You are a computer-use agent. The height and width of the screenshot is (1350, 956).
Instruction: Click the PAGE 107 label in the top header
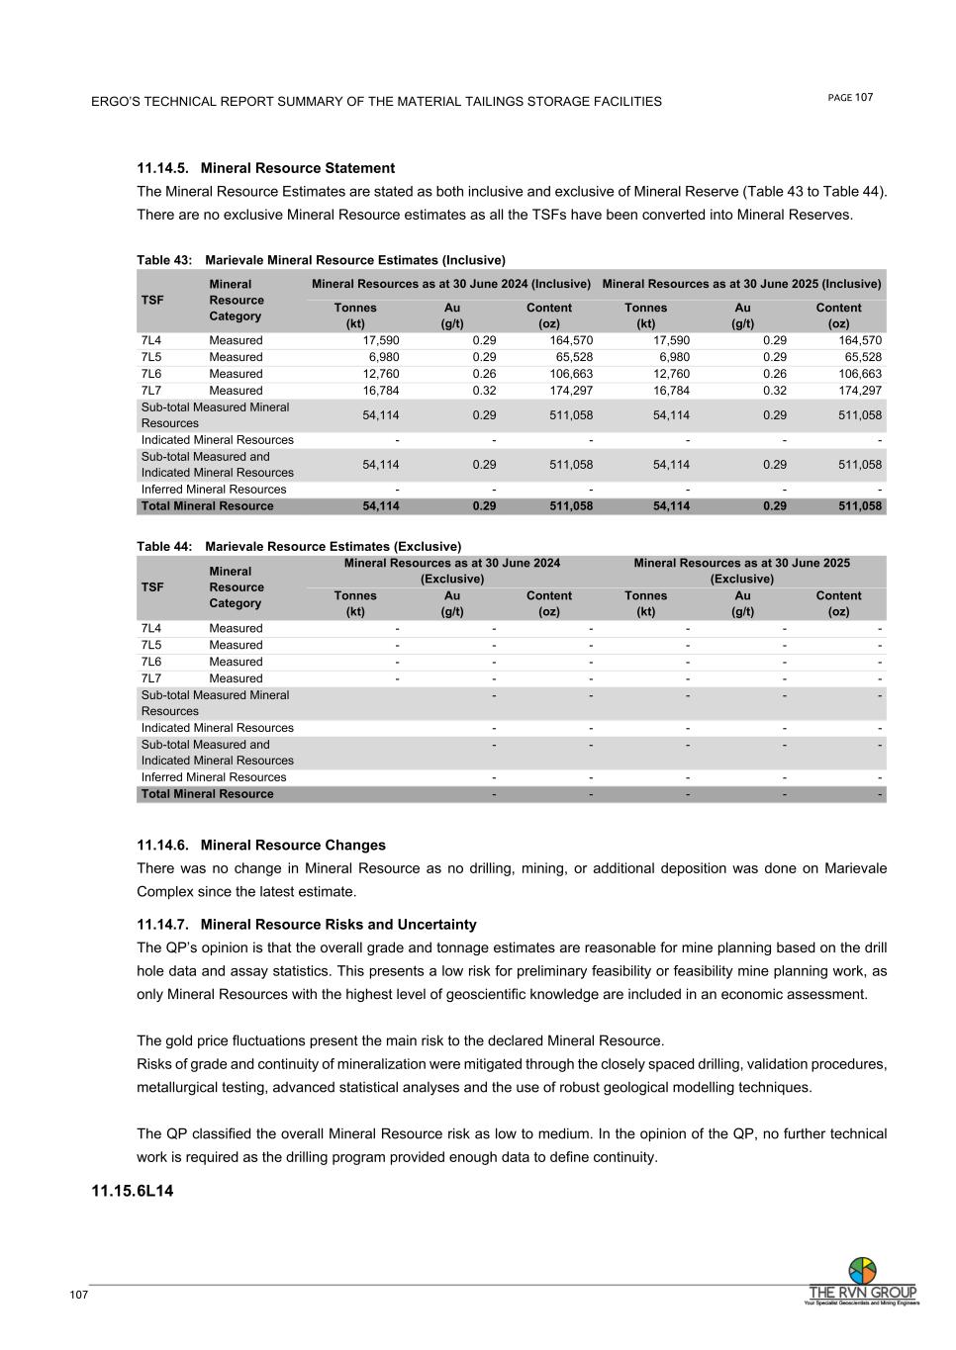[x=850, y=97]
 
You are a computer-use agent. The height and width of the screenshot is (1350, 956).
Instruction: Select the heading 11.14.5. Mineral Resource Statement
[x=265, y=168]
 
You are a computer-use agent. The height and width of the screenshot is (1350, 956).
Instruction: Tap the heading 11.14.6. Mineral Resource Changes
[x=261, y=845]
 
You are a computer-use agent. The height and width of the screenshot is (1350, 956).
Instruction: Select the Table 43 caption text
[x=321, y=260]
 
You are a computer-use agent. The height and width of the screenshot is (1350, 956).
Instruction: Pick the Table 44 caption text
[x=299, y=546]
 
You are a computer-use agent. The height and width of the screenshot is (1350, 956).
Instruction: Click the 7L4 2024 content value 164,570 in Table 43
[x=571, y=340]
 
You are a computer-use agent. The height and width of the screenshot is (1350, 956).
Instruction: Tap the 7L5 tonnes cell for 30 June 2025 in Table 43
[x=674, y=357]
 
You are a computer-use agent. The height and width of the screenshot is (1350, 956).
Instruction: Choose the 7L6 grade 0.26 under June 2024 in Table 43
[x=484, y=374]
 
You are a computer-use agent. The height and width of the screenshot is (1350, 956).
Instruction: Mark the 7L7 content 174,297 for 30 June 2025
[x=858, y=391]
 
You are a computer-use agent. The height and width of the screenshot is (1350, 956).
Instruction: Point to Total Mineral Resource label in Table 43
[x=207, y=506]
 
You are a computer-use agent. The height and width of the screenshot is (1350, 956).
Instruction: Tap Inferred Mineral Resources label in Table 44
[x=214, y=777]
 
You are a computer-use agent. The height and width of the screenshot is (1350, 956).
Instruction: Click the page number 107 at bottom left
[x=79, y=1296]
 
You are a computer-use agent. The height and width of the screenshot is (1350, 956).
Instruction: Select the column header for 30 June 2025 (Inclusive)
[x=741, y=284]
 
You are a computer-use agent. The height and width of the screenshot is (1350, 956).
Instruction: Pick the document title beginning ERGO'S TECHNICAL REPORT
[x=376, y=101]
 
